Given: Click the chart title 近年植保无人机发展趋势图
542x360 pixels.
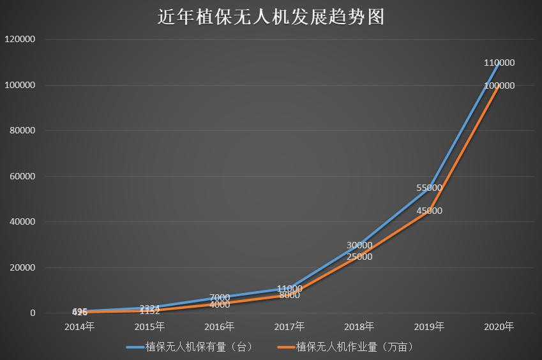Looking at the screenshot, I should coord(271,17).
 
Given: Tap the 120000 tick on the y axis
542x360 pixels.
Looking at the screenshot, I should coord(20,39).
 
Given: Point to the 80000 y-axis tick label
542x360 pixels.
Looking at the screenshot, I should coord(22,131).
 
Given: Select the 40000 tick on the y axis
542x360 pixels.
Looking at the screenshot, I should coord(22,222).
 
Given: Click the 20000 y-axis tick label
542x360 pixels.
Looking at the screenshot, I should coord(22,268).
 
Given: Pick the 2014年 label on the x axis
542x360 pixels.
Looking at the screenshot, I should coord(80,327).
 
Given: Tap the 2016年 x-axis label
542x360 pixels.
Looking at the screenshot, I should coord(220,327).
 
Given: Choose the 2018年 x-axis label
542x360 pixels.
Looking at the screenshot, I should coord(359,327).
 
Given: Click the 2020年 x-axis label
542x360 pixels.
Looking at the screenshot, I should coord(499,327).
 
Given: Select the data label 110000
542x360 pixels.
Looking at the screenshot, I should coord(499,63).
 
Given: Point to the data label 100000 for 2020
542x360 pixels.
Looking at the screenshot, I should coord(499,86).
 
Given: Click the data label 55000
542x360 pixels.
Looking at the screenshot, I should coord(429,188).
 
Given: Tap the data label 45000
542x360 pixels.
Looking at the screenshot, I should coord(429,211).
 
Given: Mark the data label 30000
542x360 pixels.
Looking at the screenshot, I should coord(359,245).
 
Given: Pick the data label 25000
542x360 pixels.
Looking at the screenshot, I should coord(359,257).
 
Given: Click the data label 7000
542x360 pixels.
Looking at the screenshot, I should coord(220,297).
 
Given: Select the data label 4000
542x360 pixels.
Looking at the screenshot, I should coord(220,304).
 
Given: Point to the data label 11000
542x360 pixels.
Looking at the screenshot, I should coord(290,289).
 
